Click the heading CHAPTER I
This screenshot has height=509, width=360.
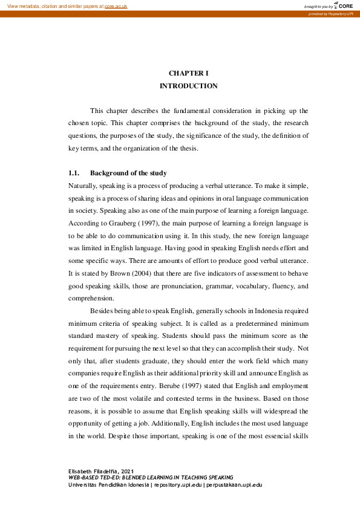(x=188, y=73)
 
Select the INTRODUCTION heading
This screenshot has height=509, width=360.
(x=188, y=86)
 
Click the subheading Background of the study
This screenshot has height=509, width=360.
(x=128, y=173)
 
